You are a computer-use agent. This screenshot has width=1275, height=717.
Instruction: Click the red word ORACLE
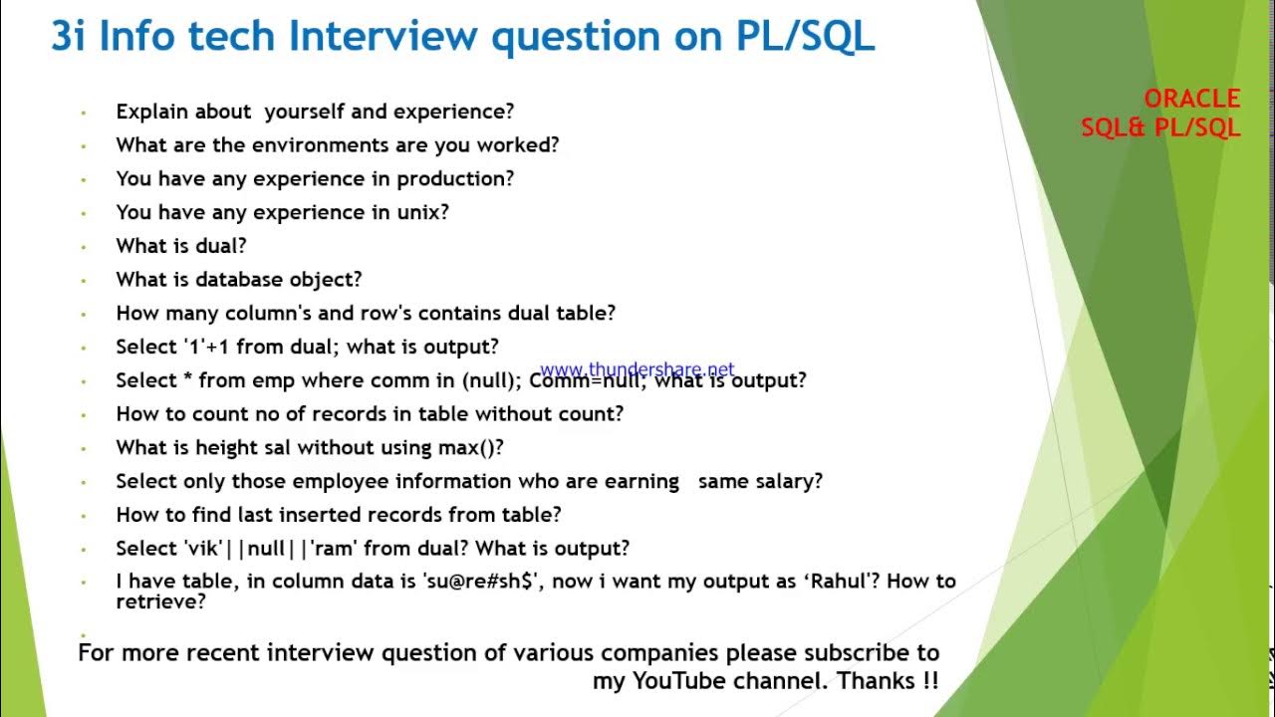tap(1191, 99)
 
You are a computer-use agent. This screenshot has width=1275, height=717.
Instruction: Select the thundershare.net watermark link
tap(637, 369)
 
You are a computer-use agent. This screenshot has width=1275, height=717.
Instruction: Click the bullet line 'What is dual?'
tap(181, 246)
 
